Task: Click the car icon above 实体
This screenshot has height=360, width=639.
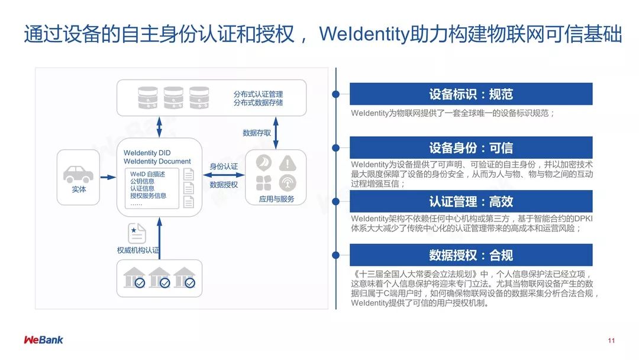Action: pos(78,173)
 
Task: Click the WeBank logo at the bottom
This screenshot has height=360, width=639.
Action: pos(43,340)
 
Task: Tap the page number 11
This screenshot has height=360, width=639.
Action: pos(611,340)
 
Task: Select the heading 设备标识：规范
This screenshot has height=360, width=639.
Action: pos(470,94)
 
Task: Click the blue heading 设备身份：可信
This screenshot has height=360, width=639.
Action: pos(470,147)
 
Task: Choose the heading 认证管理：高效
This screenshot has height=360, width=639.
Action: pos(470,201)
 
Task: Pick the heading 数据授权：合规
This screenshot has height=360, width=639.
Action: pos(470,255)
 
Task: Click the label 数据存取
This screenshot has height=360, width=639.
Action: pos(257,133)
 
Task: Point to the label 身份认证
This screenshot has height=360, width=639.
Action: pos(224,166)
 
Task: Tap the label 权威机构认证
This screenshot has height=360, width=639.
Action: pos(138,250)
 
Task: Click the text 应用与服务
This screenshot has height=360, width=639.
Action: pos(276,199)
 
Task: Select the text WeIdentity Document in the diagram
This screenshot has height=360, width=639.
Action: pos(157,161)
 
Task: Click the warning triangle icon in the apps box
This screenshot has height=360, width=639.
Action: pos(288,162)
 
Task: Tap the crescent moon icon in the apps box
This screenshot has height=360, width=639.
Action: pos(263,162)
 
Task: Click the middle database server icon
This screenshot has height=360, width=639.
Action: pos(173,98)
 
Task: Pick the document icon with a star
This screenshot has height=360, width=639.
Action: pos(137,233)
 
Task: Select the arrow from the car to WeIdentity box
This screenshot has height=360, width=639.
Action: pos(108,177)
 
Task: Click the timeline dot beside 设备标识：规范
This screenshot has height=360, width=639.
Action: pos(336,94)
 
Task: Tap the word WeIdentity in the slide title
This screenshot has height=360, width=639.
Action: pos(364,34)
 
